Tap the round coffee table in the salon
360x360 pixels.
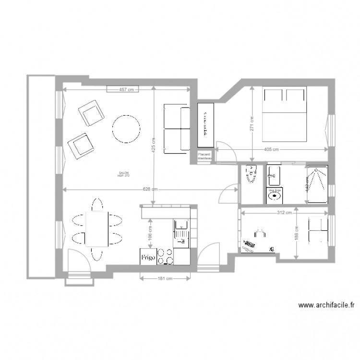tap(126, 129)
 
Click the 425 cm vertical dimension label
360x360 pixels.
tap(153, 148)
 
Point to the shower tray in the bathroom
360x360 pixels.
tap(317, 184)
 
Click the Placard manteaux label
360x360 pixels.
tap(206, 155)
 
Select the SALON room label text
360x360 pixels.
tap(123, 173)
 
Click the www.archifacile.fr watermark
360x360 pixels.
tap(326, 305)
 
